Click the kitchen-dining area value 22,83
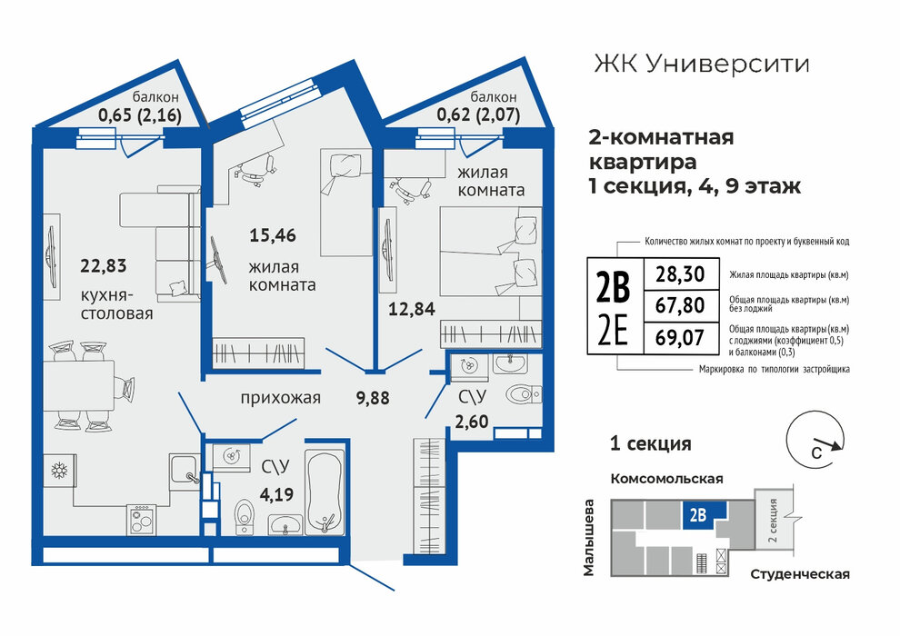click(104, 266)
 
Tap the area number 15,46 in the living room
click(273, 235)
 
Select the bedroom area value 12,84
click(412, 309)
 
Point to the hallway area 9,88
click(373, 397)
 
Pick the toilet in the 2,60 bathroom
click(524, 394)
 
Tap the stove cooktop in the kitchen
click(142, 520)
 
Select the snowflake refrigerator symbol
click(59, 471)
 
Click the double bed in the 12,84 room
click(491, 251)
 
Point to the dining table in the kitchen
click(78, 385)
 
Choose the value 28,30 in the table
click(680, 274)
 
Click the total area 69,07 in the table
click(680, 337)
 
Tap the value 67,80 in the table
click(680, 305)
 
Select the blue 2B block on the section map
click(705, 514)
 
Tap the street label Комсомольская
click(666, 478)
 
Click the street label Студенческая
click(800, 574)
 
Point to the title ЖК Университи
click(702, 64)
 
